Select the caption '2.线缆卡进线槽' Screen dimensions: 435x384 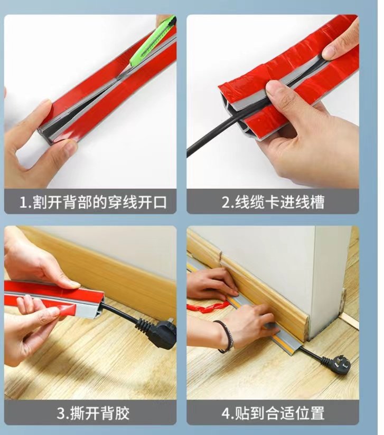[x=273, y=202]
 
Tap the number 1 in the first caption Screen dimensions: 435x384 [x=23, y=202]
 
